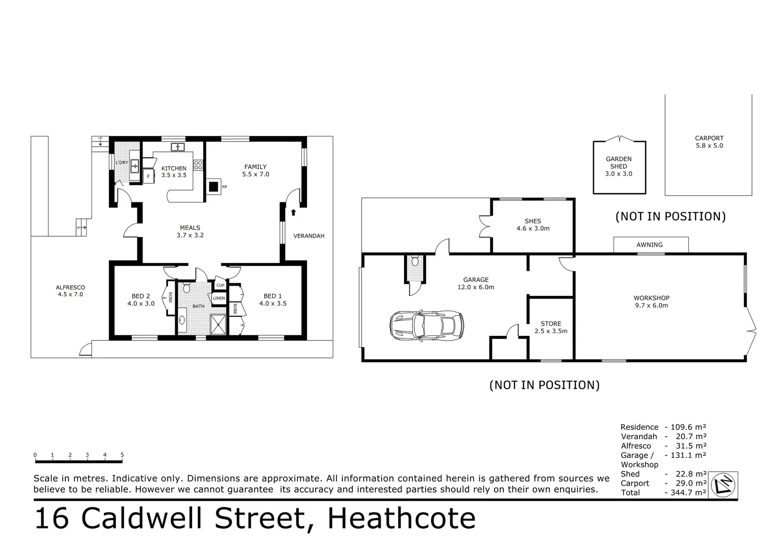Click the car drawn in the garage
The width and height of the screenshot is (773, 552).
coord(427,326)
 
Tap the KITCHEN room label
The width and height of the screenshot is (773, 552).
coord(174,169)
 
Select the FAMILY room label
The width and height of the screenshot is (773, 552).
coord(255,167)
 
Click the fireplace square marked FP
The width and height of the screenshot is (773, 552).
coord(214,187)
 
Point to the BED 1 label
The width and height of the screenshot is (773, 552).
coord(273,296)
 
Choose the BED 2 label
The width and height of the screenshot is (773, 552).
coord(141,296)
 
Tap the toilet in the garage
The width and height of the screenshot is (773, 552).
coord(415,262)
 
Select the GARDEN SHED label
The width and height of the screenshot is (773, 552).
coord(619,163)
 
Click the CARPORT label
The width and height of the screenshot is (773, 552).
coord(709,138)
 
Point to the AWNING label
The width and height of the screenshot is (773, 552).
coord(649,245)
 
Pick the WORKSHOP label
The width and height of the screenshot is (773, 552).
coord(651,298)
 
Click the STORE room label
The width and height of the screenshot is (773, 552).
coord(551,324)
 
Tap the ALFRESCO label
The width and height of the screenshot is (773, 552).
coord(71,287)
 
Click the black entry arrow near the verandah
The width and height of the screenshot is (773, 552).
coord(293,212)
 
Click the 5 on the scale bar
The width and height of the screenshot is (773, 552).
coord(122,455)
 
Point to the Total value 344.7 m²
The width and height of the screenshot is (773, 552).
coord(686,493)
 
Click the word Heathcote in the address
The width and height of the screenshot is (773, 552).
coord(402,518)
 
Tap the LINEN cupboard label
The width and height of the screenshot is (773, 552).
coord(219,298)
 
